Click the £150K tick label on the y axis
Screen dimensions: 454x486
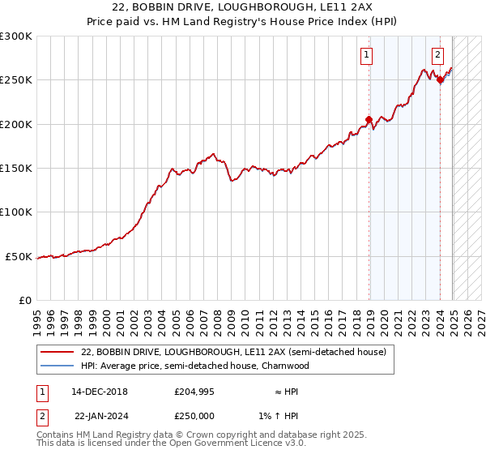click(x=16, y=169)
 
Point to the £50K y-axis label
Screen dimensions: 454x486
click(x=19, y=257)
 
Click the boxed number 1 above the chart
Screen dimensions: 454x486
click(x=367, y=55)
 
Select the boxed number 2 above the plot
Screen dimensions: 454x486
click(x=437, y=55)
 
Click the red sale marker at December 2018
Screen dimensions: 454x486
click(x=369, y=120)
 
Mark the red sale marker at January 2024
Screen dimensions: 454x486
click(x=440, y=79)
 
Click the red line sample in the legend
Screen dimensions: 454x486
click(x=58, y=353)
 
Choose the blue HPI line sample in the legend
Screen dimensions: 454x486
click(x=58, y=366)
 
